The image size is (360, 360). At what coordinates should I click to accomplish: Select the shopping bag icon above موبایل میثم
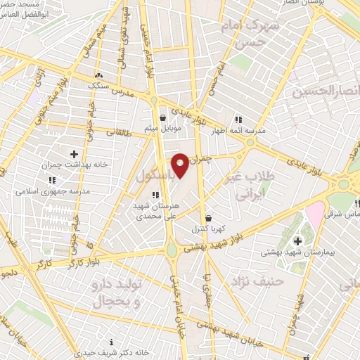(x=163, y=117)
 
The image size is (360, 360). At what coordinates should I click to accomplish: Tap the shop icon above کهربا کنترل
(x=207, y=218)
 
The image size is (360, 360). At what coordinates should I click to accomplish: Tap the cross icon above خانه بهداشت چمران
(x=75, y=153)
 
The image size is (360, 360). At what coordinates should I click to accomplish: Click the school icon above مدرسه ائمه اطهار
(x=238, y=119)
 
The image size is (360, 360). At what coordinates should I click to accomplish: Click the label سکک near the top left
(x=98, y=85)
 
